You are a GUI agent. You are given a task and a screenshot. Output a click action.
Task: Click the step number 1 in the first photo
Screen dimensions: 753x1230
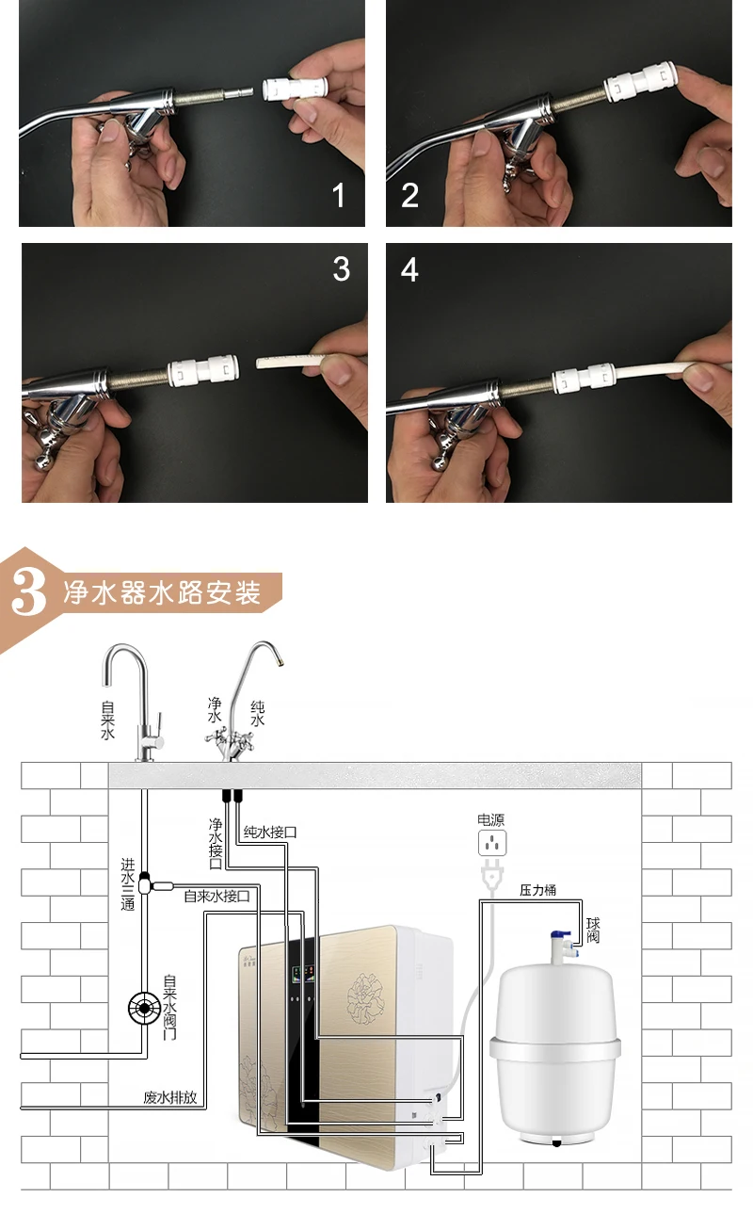[339, 196]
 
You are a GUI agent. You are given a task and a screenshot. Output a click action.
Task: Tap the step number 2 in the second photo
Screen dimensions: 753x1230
[410, 196]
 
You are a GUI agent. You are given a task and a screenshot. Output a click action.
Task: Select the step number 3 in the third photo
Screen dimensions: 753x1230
[342, 269]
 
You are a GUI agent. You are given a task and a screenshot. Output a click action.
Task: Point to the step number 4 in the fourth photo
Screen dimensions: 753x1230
[410, 269]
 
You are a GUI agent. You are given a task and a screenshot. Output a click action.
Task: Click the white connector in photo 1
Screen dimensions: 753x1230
[295, 89]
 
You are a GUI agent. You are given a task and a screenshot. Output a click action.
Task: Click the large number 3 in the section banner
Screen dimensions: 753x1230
[28, 591]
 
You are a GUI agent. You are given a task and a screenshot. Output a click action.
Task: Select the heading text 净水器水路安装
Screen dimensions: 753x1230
[162, 593]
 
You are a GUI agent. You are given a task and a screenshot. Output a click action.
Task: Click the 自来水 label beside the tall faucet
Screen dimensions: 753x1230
[107, 720]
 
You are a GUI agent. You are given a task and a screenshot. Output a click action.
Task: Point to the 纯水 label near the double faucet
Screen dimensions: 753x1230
[257, 713]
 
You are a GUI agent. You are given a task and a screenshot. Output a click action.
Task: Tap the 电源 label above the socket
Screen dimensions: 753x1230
[490, 819]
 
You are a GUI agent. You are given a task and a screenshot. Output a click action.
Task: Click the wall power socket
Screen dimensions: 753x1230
[492, 843]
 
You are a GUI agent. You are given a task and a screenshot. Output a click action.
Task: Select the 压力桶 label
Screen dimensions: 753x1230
[537, 890]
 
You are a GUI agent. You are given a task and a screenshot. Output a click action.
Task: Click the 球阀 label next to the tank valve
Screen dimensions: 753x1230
[593, 931]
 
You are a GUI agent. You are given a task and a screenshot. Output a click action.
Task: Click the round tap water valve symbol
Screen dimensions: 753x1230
[144, 1008]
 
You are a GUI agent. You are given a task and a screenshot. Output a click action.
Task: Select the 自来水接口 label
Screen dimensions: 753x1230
[216, 897]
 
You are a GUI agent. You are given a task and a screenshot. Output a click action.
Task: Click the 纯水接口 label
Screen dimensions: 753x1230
[270, 833]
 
